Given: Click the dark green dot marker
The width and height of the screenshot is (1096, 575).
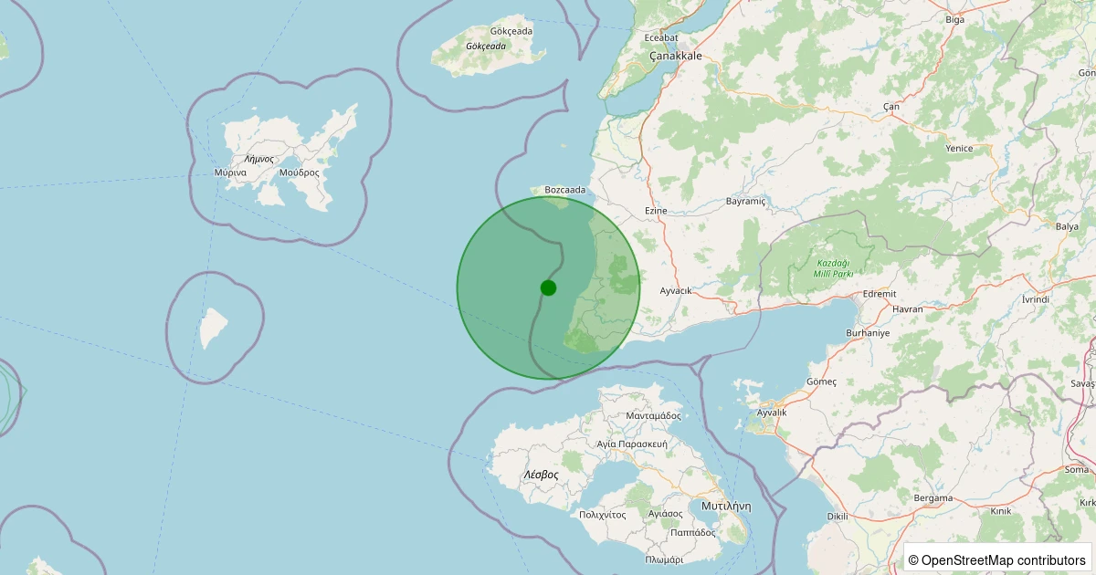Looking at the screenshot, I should point(548,287).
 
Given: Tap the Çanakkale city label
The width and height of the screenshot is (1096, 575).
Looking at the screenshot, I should point(675,56).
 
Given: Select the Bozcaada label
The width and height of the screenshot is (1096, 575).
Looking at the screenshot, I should point(564,190).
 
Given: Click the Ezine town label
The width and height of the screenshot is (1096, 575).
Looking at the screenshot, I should point(656,211).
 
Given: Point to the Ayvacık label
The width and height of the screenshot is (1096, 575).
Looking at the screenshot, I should point(676,290).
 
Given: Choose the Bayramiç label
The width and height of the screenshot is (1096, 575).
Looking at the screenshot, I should point(745,201).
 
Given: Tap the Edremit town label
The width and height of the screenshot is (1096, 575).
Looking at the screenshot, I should point(880,294).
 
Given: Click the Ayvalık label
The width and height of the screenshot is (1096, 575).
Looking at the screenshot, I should point(766,413).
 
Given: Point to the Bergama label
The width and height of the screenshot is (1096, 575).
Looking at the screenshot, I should point(933,497).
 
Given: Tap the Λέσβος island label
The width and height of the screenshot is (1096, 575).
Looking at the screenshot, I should point(541,475).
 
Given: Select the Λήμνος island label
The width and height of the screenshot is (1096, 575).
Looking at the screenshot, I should point(259,159).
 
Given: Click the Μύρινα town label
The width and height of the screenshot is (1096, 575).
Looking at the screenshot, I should point(230,172).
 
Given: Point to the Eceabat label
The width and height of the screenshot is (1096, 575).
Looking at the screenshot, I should point(661,37).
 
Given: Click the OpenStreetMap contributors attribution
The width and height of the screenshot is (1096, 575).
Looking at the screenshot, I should point(996,559).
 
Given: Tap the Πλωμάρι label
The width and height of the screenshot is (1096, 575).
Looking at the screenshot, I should point(663,559).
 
